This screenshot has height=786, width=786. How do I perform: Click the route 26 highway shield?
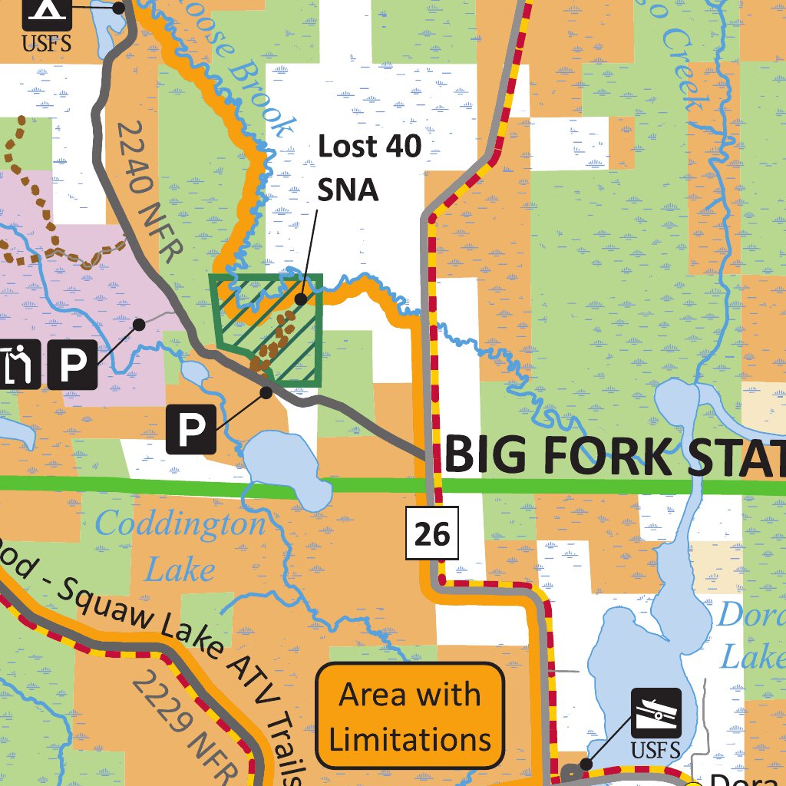click(x=432, y=533)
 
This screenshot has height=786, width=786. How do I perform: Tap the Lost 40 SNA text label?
click(x=369, y=167)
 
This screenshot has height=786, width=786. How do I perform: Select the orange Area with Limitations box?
click(x=410, y=716)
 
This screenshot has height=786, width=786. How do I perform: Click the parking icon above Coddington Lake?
click(x=191, y=430)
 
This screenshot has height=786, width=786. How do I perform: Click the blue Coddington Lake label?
click(x=180, y=546)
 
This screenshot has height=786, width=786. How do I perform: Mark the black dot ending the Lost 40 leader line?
click(x=302, y=298)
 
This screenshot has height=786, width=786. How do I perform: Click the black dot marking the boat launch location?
click(x=586, y=764)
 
